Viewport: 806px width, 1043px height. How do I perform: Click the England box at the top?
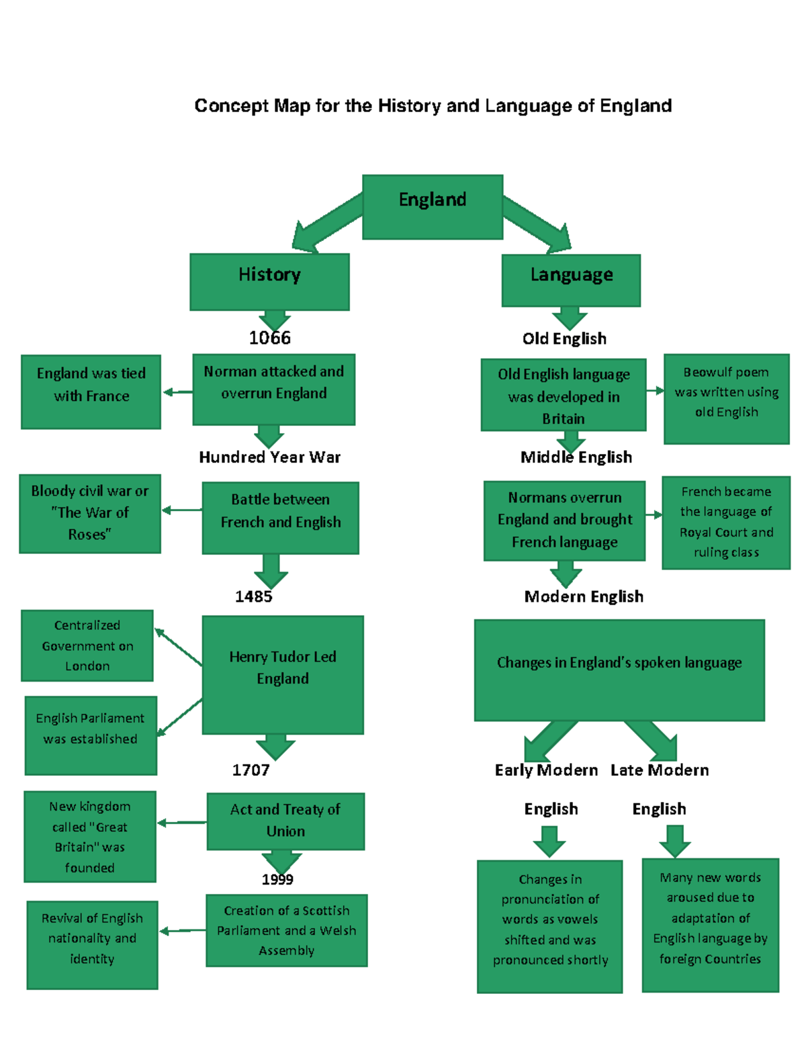[x=433, y=207]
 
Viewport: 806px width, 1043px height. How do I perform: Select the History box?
[x=269, y=281]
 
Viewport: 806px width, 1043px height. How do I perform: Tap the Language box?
[x=571, y=280]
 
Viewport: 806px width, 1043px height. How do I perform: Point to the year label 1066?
[x=269, y=338]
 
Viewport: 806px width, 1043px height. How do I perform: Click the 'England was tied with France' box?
[x=91, y=392]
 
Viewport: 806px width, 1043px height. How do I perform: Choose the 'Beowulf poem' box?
[x=726, y=399]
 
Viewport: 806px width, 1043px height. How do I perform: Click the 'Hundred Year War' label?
[x=269, y=457]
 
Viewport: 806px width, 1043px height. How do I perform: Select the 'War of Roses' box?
[x=90, y=514]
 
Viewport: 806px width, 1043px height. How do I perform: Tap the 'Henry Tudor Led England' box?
[x=283, y=674]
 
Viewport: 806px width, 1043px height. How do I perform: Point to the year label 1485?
[x=253, y=596]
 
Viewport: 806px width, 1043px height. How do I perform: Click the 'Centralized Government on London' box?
[x=87, y=645]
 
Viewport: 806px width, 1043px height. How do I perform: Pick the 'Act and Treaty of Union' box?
[x=285, y=821]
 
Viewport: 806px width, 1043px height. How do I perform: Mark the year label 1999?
[x=277, y=879]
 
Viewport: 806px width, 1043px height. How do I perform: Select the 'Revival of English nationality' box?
[x=92, y=944]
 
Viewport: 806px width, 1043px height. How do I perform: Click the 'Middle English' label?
[x=576, y=457]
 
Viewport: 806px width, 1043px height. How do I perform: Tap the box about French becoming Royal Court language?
[x=726, y=523]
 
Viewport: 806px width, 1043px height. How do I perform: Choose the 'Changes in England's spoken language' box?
[x=619, y=670]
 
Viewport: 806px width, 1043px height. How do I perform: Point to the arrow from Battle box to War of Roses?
[x=181, y=510]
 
